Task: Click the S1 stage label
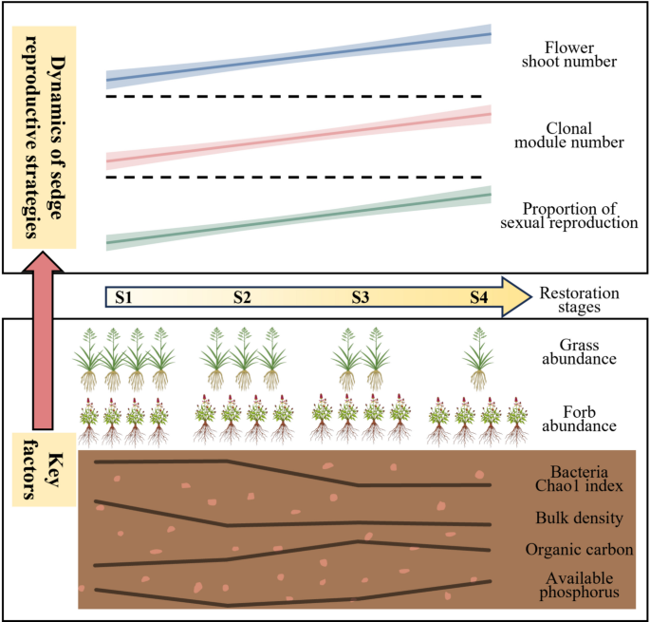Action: point(122,297)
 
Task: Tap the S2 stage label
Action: point(242,297)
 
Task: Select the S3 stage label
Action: point(360,297)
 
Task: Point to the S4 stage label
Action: point(480,297)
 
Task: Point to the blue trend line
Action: point(298,57)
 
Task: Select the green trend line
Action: point(298,218)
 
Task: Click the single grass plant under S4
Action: point(480,359)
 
